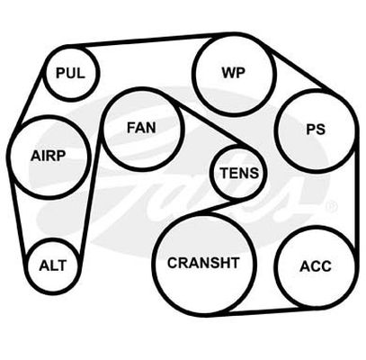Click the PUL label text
(70, 73)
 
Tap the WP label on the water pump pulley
(234, 72)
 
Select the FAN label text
(141, 128)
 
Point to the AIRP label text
(48, 156)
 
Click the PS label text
(316, 129)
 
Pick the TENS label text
(239, 173)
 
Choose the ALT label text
(53, 265)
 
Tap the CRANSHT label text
(203, 263)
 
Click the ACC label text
(316, 266)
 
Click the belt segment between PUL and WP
(150, 40)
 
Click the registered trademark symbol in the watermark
(331, 206)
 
